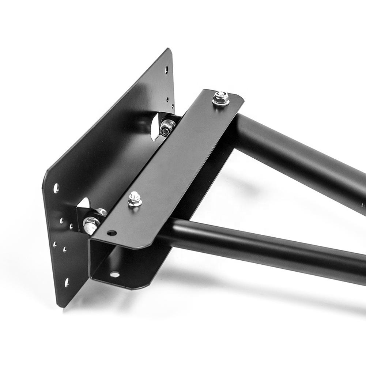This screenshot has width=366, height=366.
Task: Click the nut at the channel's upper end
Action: [x=221, y=98]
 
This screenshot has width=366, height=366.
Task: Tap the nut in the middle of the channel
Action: [x=135, y=200]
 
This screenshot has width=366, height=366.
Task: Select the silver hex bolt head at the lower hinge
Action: [x=90, y=224]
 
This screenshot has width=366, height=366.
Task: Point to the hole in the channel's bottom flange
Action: [x=114, y=274]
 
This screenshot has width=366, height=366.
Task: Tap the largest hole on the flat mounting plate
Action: [x=56, y=188]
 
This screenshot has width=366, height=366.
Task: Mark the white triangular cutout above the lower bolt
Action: [x=84, y=203]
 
